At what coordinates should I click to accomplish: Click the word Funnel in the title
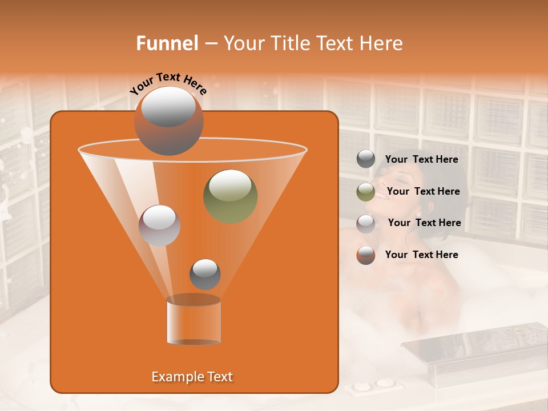pyautogui.click(x=167, y=43)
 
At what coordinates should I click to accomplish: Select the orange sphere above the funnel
pyautogui.click(x=168, y=120)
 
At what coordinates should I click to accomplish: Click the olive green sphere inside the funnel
pyautogui.click(x=230, y=196)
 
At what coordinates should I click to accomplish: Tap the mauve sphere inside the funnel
pyautogui.click(x=159, y=225)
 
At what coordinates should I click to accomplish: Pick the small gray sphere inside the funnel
pyautogui.click(x=205, y=274)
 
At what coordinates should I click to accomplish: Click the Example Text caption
pyautogui.click(x=192, y=377)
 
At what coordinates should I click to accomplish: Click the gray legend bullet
pyautogui.click(x=366, y=159)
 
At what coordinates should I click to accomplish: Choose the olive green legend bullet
pyautogui.click(x=366, y=192)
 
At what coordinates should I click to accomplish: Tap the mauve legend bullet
pyautogui.click(x=366, y=223)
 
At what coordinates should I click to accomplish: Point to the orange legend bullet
pyautogui.click(x=366, y=255)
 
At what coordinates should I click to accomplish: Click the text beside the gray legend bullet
pyautogui.click(x=422, y=160)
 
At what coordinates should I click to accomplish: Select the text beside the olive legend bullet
pyautogui.click(x=423, y=191)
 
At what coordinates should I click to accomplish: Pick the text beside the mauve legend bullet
pyautogui.click(x=424, y=223)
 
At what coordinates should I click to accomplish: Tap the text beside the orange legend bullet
pyautogui.click(x=422, y=255)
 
